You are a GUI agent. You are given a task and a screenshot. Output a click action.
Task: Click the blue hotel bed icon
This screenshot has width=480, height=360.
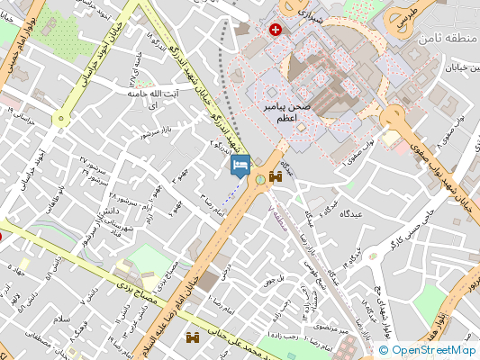coord(240,166)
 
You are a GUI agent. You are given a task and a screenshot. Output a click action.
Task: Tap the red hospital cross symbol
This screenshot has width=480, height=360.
coord(276,30)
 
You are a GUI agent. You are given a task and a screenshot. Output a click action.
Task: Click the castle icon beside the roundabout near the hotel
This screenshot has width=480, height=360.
coord(275,177)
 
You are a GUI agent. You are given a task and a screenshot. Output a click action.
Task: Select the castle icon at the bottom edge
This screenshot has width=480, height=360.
coord(193,338)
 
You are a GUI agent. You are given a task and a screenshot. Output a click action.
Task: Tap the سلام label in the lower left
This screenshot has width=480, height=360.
coord(61,320)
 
